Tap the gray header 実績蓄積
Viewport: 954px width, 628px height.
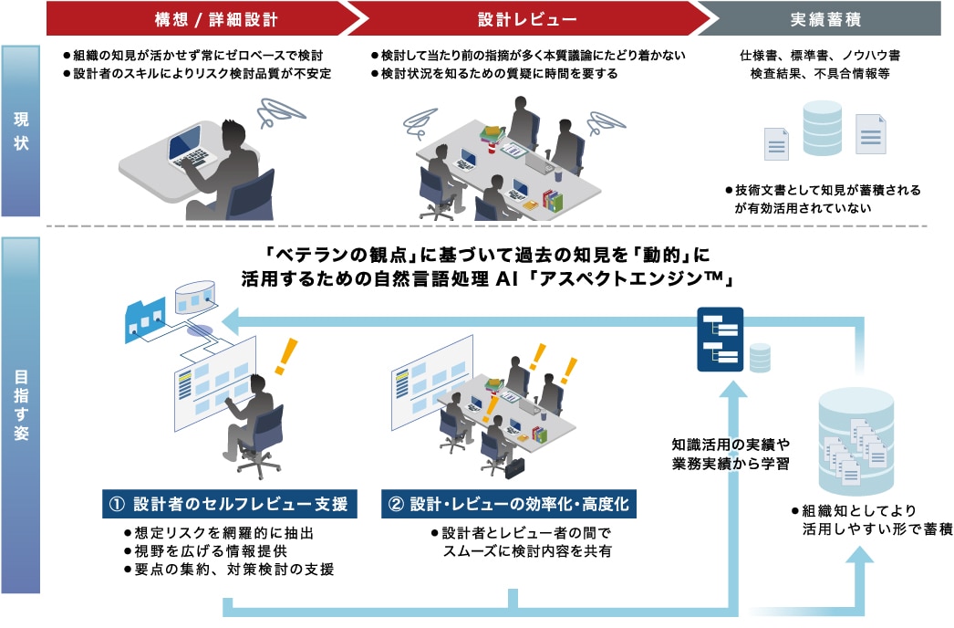point(825,19)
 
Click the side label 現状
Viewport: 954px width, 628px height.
point(21,131)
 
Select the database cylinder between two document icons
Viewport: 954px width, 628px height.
point(822,128)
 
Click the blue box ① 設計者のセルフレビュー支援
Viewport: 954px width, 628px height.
point(229,504)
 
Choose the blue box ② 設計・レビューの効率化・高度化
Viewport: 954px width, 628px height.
point(509,504)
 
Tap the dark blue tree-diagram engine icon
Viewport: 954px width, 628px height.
point(720,340)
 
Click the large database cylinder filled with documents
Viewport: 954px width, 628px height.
point(856,441)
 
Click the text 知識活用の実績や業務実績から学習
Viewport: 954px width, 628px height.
point(731,454)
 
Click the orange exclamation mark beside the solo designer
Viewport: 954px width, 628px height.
point(286,356)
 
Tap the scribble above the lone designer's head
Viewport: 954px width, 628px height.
point(279,112)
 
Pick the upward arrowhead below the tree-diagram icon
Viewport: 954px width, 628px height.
point(732,391)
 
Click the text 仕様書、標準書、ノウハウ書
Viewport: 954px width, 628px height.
point(820,56)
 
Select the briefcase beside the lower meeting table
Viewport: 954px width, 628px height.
point(514,467)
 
